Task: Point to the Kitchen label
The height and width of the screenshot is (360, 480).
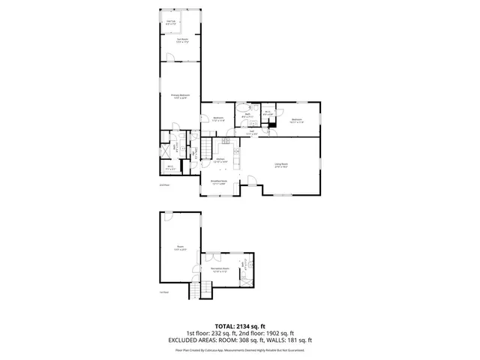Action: point(221,160)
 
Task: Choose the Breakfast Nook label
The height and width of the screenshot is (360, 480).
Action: point(219,182)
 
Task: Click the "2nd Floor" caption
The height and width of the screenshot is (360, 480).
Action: point(164,184)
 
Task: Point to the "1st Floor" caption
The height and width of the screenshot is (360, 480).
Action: point(164,292)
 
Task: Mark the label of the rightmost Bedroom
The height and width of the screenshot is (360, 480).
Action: point(296,119)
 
